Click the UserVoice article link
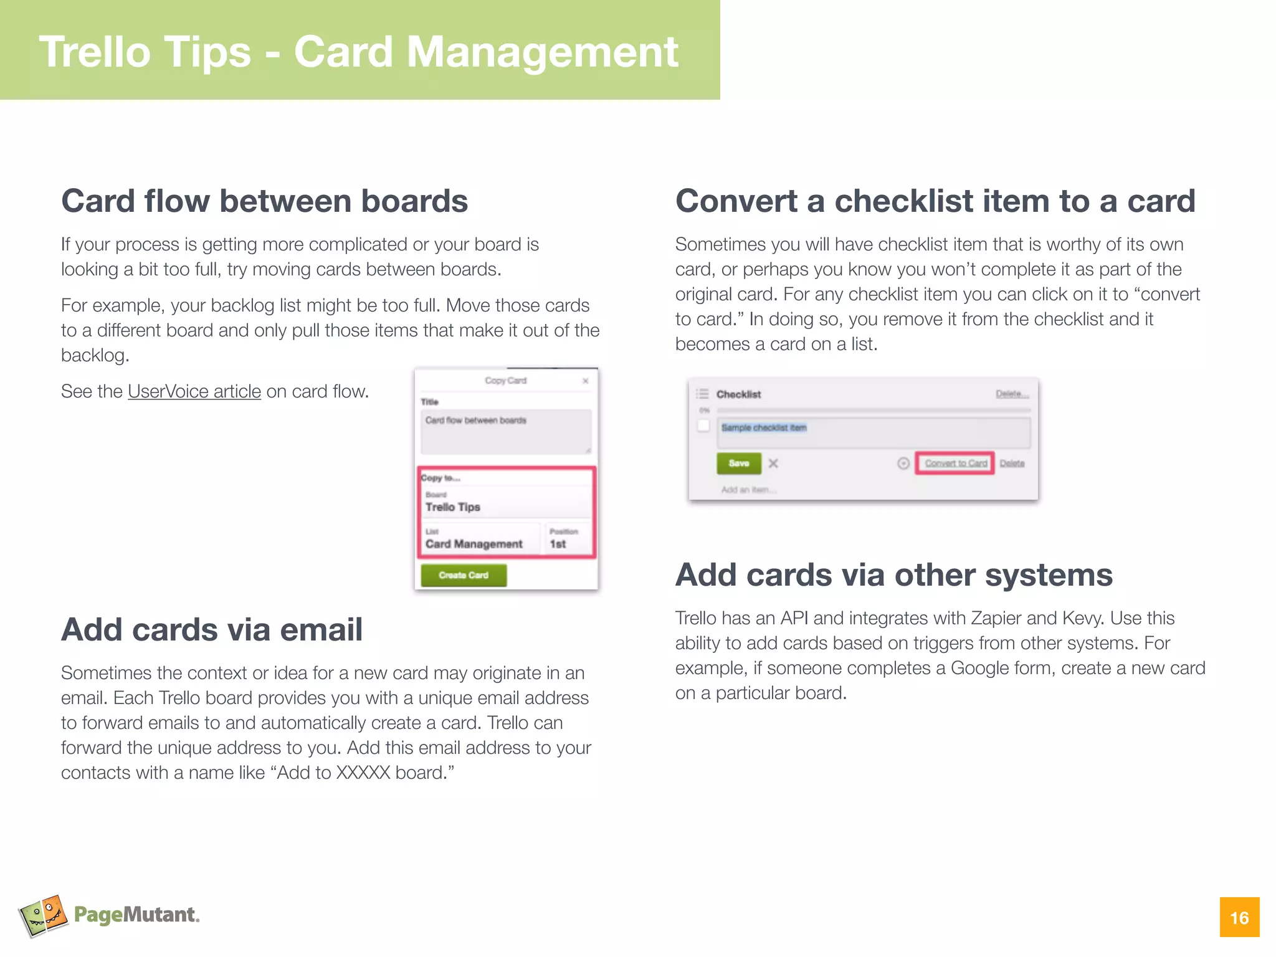coord(194,391)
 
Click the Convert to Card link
coord(955,463)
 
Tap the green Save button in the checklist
coord(739,463)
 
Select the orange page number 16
coord(1239,917)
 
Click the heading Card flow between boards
coord(264,201)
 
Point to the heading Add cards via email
coord(212,629)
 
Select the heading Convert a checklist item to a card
coord(935,201)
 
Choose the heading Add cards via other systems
coord(894,574)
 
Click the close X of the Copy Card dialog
coord(585,381)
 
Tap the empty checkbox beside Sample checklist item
coord(703,426)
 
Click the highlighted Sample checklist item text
coord(764,427)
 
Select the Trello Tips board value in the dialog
coord(453,507)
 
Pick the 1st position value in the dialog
coord(558,544)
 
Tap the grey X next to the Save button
coord(773,463)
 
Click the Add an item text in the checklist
coord(748,490)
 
